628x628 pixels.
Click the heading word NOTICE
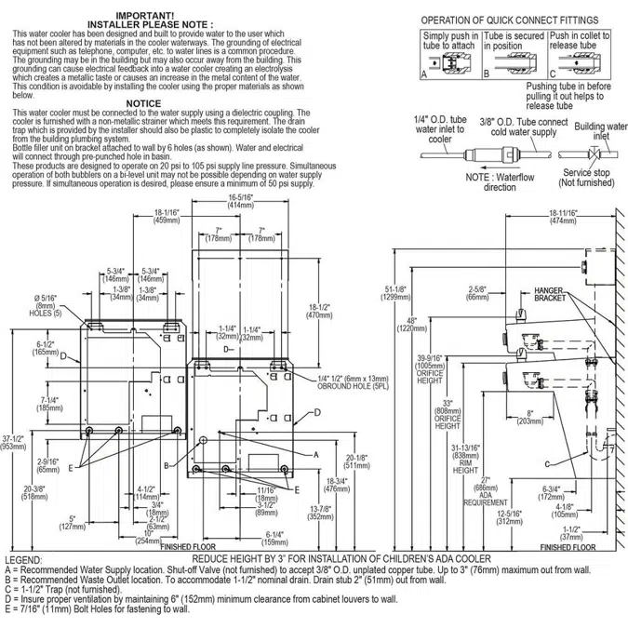coord(143,103)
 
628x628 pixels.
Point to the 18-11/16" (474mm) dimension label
coord(563,217)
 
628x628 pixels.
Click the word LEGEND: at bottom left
coord(23,559)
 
